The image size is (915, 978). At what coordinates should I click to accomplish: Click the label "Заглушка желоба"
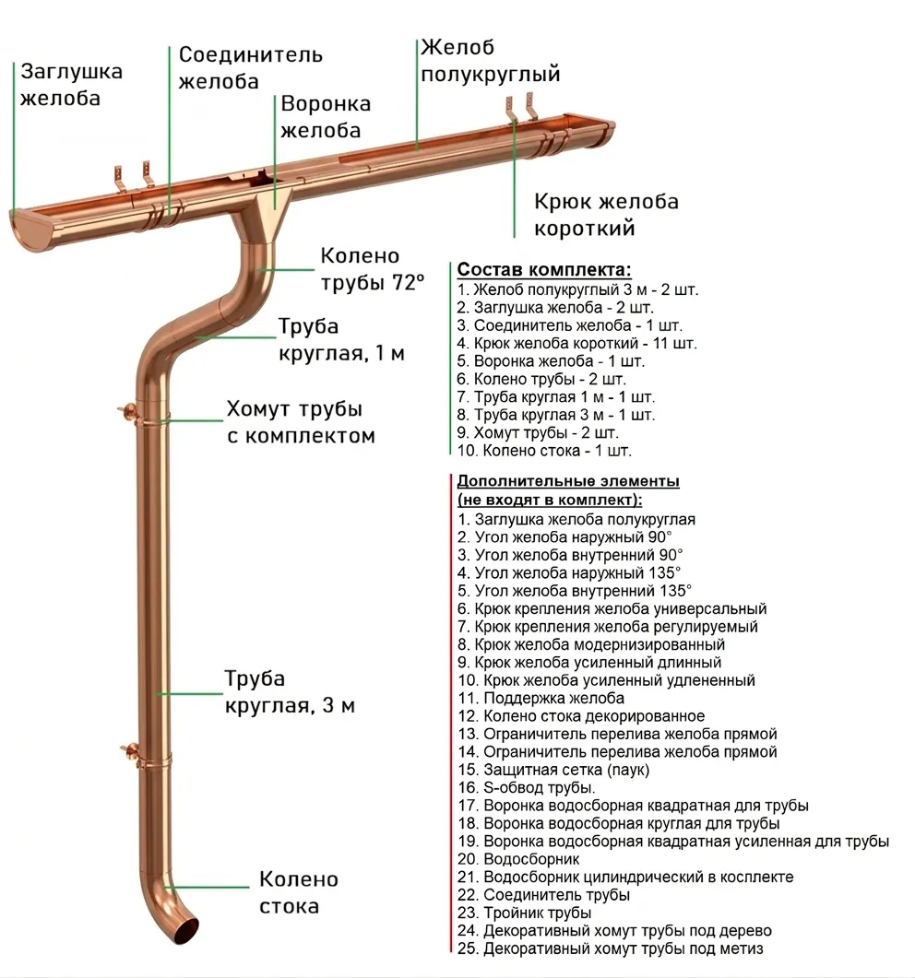coord(72,84)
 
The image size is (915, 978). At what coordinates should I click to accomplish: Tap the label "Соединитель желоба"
coord(250,67)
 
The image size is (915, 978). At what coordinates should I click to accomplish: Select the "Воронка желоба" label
coord(326,116)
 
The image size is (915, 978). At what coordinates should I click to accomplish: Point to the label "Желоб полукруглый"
coord(490,61)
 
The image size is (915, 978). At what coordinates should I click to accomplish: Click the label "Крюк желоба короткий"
coord(606,214)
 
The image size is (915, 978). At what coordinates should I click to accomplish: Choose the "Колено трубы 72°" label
coord(372,268)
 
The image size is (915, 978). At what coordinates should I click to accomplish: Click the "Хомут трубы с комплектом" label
coord(300,421)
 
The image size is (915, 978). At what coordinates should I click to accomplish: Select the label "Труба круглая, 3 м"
coord(289,692)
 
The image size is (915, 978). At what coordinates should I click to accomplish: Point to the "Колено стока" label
coord(298,892)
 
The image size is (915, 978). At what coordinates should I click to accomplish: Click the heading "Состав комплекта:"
coord(544,270)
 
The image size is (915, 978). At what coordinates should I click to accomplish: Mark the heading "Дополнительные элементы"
coord(568,481)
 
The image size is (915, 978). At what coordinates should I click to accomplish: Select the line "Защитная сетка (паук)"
coord(565,770)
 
